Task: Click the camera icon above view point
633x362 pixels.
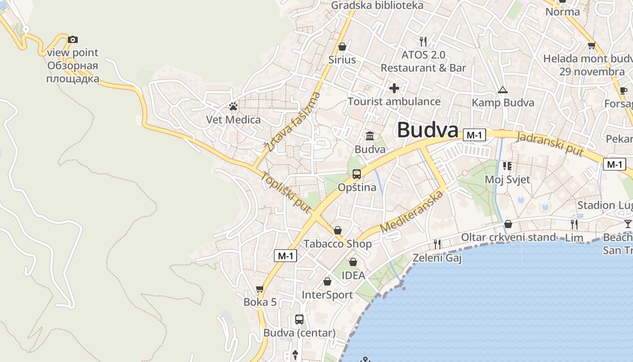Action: pyautogui.click(x=72, y=40)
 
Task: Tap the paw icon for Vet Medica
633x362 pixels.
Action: pyautogui.click(x=233, y=107)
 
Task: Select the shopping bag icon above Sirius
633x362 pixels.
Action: pyautogui.click(x=342, y=47)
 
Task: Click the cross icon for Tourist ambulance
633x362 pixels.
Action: pyautogui.click(x=394, y=88)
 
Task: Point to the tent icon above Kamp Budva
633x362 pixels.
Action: pyautogui.click(x=503, y=90)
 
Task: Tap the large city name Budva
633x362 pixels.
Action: pyautogui.click(x=428, y=130)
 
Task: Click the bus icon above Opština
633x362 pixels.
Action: pyautogui.click(x=357, y=174)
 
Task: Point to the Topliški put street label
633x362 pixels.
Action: pyautogui.click(x=286, y=192)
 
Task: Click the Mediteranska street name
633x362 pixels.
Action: pyautogui.click(x=411, y=212)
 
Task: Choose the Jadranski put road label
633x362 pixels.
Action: pyautogui.click(x=550, y=144)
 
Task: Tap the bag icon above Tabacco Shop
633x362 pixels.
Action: pyautogui.click(x=337, y=231)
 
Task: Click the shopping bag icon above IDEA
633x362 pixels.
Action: pyautogui.click(x=353, y=262)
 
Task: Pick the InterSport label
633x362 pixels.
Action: pyautogui.click(x=327, y=295)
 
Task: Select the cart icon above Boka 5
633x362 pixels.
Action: pyautogui.click(x=260, y=289)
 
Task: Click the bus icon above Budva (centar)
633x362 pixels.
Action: pyautogui.click(x=299, y=319)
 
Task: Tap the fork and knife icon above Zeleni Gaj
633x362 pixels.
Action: pyautogui.click(x=437, y=244)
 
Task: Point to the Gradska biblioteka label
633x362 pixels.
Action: pyautogui.click(x=377, y=5)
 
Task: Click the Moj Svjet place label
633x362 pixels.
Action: pyautogui.click(x=507, y=179)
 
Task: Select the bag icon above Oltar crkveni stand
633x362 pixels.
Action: pyautogui.click(x=508, y=224)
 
